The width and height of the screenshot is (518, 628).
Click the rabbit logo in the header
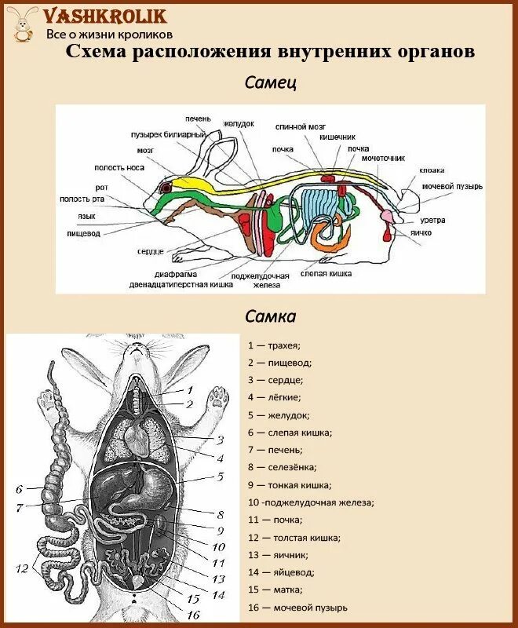point(24,24)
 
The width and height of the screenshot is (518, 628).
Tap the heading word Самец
point(270,82)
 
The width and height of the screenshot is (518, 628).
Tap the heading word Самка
point(270,316)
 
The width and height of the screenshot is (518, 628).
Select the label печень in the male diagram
point(198,119)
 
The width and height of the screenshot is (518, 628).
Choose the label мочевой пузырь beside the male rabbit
point(451,187)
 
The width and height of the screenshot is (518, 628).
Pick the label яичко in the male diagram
point(419,233)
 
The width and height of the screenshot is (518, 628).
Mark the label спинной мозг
point(300,126)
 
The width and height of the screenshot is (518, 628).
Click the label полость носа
point(117,167)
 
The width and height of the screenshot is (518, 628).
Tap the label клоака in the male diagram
point(432,170)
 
